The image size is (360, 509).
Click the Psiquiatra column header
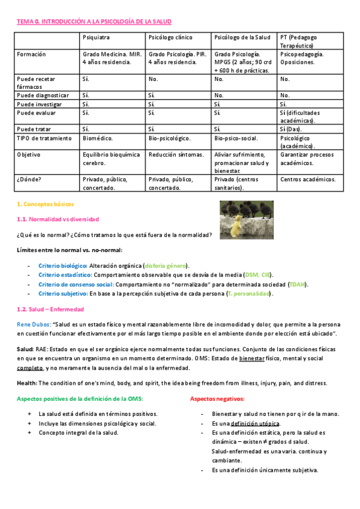(x=96, y=37)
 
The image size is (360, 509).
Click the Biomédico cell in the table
(x=98, y=138)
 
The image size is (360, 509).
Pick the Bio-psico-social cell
(x=236, y=138)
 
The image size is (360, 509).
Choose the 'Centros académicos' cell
(x=308, y=179)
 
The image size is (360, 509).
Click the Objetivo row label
(x=31, y=154)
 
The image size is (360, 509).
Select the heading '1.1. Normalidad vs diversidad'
(x=58, y=220)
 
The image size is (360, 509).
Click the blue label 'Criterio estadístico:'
(x=65, y=275)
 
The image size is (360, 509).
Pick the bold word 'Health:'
(x=27, y=383)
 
